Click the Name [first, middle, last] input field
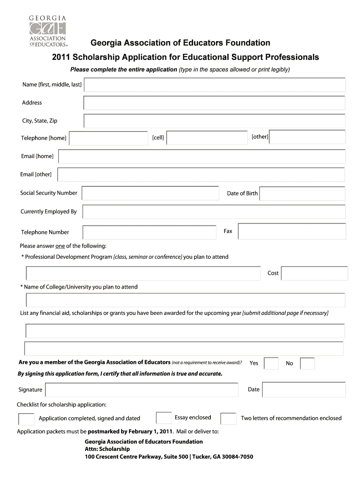(214, 85)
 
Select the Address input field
(214, 103)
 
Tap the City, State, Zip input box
(214, 121)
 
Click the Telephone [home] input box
(108, 138)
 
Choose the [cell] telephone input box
(207, 138)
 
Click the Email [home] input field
(202, 156)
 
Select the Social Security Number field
(150, 193)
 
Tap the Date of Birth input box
(302, 193)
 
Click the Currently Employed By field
(214, 211)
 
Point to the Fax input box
(292, 232)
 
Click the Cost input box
(314, 273)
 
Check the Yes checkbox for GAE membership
(271, 363)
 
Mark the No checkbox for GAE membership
(307, 363)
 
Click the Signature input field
(142, 389)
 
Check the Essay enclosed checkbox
(163, 418)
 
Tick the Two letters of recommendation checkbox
(228, 418)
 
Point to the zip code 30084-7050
(237, 457)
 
